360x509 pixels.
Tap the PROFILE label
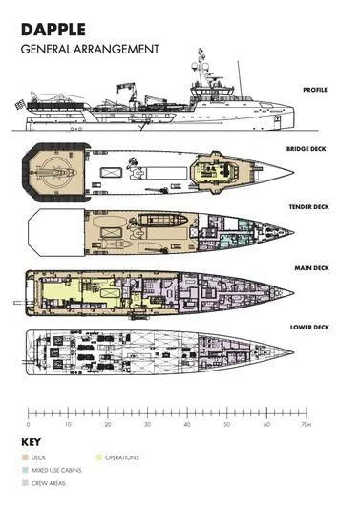tap(314, 90)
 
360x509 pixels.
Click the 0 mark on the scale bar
tap(28, 423)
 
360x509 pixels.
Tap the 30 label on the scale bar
tap(146, 423)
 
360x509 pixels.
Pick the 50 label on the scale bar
tap(225, 423)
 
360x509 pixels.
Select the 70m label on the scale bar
tap(306, 423)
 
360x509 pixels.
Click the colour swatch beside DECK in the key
tap(24, 458)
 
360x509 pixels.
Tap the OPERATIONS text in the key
tap(121, 458)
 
